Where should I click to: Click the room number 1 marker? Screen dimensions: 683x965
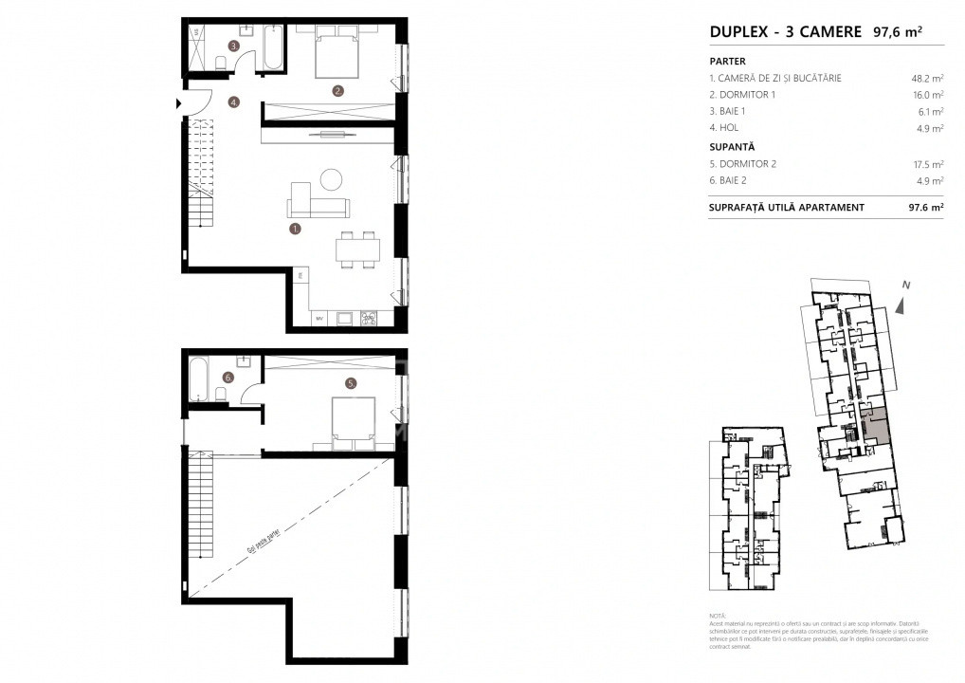click(x=296, y=229)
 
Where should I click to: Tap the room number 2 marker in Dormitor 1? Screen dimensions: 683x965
click(x=337, y=92)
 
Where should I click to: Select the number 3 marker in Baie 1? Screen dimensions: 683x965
click(x=232, y=46)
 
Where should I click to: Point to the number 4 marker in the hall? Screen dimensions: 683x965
click(x=232, y=102)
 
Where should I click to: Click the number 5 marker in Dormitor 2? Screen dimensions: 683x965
click(x=350, y=384)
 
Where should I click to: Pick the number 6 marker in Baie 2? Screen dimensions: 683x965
click(x=228, y=378)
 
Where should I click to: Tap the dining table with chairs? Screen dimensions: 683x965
click(x=357, y=251)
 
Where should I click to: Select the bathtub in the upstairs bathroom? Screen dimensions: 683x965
click(x=200, y=379)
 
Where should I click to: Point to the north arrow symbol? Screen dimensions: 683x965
click(x=903, y=305)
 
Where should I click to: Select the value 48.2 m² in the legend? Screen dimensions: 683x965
click(x=926, y=78)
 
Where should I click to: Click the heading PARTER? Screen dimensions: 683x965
click(x=728, y=60)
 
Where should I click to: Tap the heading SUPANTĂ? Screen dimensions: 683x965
click(x=732, y=147)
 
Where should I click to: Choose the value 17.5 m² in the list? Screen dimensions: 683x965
click(x=926, y=164)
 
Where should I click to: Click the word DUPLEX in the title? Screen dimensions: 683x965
click(x=737, y=31)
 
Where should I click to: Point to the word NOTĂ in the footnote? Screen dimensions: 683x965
click(x=718, y=616)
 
